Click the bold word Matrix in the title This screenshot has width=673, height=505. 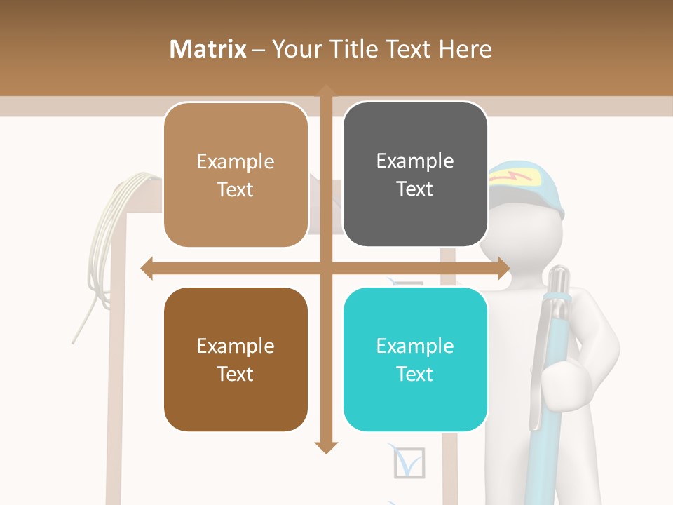point(208,49)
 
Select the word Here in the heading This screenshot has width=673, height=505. point(465,49)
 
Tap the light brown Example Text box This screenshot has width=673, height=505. point(236,175)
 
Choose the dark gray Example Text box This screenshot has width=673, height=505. point(415,175)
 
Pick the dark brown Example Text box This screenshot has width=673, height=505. point(236,359)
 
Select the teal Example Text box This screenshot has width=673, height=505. point(415,359)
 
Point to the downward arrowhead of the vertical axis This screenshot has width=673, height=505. point(325,447)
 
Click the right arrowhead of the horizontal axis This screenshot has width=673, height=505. point(503,268)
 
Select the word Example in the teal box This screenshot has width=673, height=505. point(415,346)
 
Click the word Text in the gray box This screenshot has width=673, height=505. point(415,189)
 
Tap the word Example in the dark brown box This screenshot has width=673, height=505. point(236,346)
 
